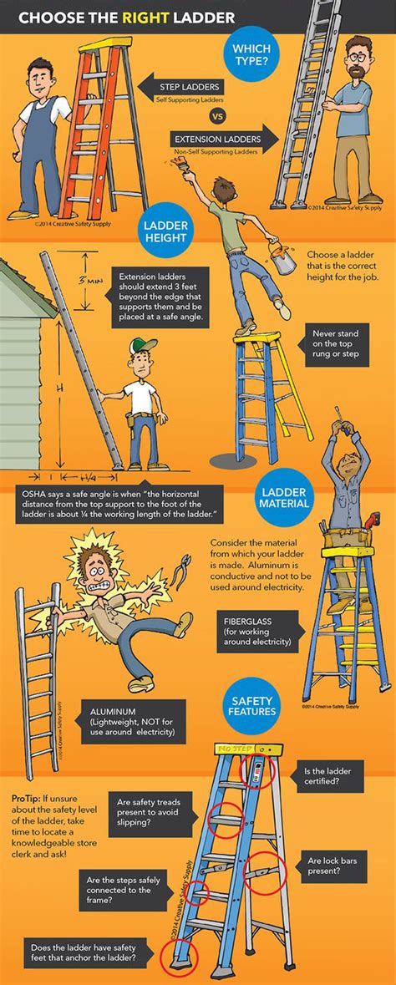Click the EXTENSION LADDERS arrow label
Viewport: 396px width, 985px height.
click(212, 139)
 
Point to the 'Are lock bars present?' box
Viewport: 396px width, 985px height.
click(338, 866)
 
